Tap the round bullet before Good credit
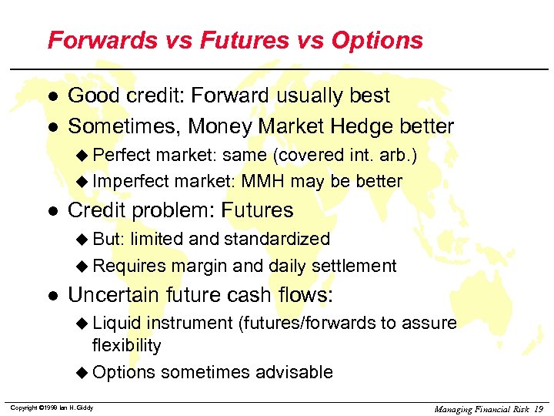point(52,96)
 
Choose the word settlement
point(354,267)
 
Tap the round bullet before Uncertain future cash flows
point(52,296)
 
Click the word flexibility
point(126,345)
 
